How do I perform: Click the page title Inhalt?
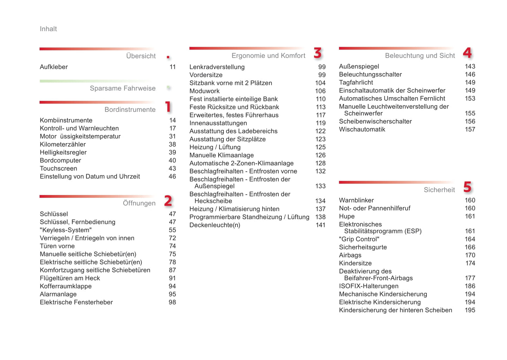48,29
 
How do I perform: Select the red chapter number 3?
318,53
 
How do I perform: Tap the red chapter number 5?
467,187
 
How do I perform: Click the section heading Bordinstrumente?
130,109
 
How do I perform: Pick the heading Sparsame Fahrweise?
122,88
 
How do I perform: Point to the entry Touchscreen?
58,168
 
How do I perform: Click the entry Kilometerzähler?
62,144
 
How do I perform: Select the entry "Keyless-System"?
66,230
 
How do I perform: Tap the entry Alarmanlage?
58,294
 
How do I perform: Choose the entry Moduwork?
204,91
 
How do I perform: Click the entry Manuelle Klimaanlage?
221,155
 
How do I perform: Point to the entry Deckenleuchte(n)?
215,225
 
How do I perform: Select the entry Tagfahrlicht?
356,82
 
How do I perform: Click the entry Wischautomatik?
362,129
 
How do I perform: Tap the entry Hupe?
347,216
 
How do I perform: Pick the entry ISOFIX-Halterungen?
368,286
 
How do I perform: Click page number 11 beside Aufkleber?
173,67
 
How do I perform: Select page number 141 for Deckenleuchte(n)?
320,225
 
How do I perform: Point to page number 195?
470,310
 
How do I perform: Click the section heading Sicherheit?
439,190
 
